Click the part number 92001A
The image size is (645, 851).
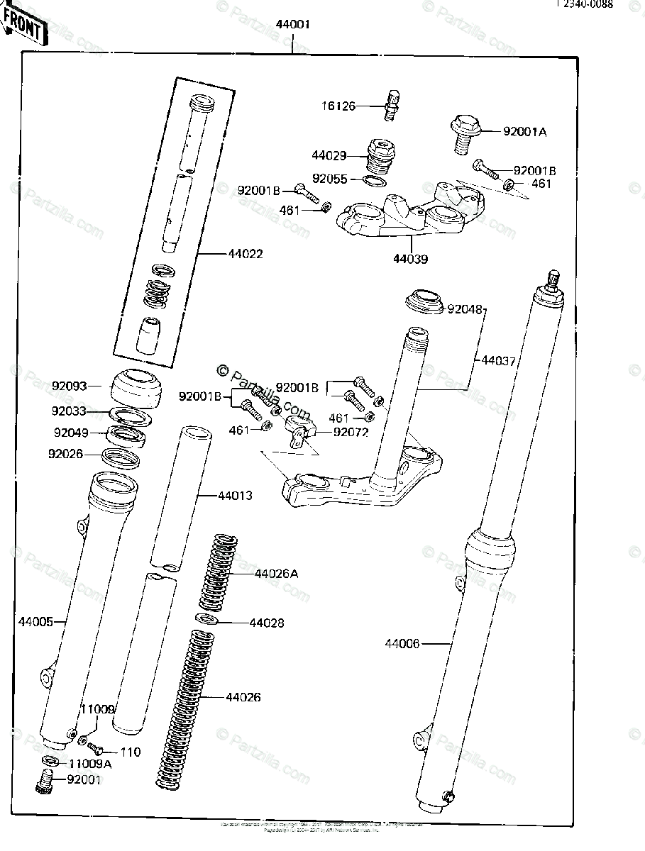coord(525,131)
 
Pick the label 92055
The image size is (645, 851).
coord(330,179)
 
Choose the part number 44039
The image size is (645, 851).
coord(410,260)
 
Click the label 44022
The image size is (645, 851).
coord(226,253)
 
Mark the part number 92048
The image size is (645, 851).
coord(465,309)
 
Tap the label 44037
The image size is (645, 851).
coord(498,360)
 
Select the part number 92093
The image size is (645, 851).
coord(69,386)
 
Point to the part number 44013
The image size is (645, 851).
coord(235,495)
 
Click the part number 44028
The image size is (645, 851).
coord(267,623)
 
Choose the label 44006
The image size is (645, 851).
coord(402,644)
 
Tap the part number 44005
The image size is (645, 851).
coord(35,622)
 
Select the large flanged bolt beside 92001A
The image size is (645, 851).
coord(465,133)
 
